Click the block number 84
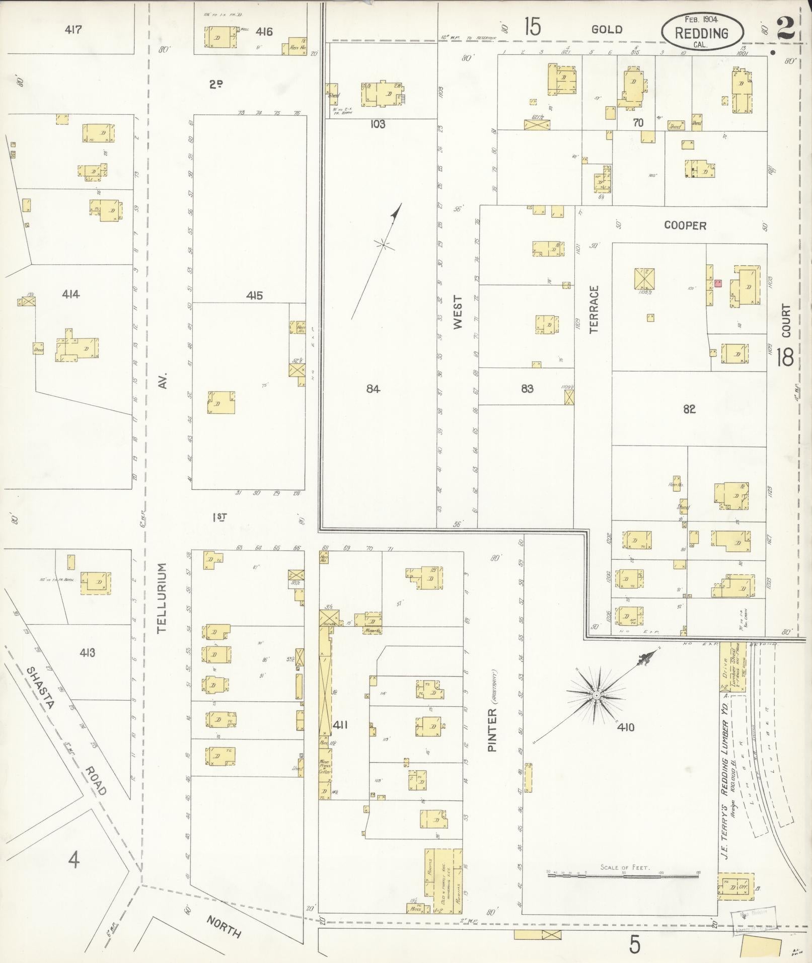(x=373, y=389)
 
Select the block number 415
(x=254, y=295)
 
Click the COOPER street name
(x=685, y=226)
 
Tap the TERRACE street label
(x=594, y=309)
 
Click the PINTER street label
(x=492, y=729)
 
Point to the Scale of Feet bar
(x=623, y=876)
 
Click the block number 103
(x=378, y=124)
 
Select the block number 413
(x=87, y=653)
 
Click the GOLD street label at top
(x=607, y=30)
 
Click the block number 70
(x=638, y=122)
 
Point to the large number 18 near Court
(x=785, y=357)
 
